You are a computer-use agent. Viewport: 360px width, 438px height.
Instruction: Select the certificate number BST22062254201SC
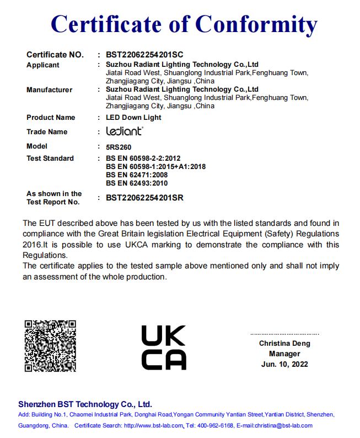pos(144,55)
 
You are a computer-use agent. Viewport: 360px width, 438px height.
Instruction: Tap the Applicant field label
pos(43,65)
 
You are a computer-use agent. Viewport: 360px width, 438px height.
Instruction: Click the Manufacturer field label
pos(49,90)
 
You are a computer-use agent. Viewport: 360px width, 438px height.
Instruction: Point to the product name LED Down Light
pos(133,118)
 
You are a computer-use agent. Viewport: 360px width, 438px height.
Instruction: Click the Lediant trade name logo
pos(125,131)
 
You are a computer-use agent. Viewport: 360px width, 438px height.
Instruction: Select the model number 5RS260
pos(118,147)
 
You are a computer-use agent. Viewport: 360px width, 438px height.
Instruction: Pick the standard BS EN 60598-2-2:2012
pos(143,159)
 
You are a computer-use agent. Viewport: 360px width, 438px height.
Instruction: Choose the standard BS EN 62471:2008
pos(137,175)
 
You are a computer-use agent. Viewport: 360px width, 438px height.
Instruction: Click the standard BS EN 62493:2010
pos(137,183)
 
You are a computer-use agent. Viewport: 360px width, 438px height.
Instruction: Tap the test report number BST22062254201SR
pos(144,198)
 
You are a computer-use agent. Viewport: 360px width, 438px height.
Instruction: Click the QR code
pos(50,345)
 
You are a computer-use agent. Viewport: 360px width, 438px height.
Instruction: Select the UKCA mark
pos(164,347)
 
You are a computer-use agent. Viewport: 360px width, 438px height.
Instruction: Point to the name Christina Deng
pos(284,344)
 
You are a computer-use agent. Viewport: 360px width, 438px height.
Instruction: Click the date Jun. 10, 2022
pos(284,365)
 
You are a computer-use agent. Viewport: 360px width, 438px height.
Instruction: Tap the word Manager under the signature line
pos(284,354)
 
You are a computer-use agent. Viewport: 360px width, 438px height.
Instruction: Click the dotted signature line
pos(284,334)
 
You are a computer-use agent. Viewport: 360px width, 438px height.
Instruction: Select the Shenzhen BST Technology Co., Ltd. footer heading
pos(85,404)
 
